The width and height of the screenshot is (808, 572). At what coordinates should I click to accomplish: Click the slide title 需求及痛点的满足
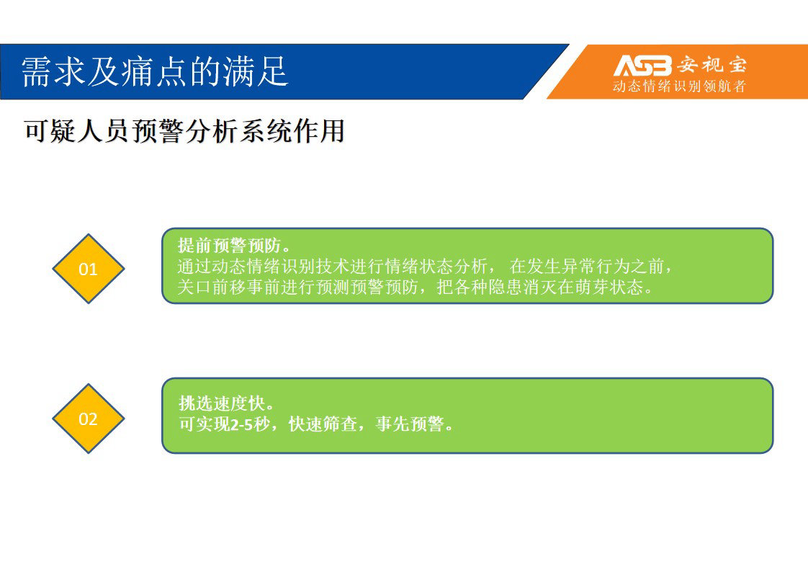(x=155, y=71)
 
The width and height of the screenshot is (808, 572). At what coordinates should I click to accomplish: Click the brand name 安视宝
(x=712, y=65)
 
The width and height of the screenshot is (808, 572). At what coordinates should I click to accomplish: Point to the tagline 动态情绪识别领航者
(x=679, y=86)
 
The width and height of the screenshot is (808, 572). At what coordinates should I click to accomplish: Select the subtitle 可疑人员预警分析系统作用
(x=184, y=130)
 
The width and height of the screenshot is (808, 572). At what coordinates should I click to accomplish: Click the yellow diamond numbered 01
(x=88, y=269)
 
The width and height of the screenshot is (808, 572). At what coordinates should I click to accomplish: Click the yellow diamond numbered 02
(x=88, y=419)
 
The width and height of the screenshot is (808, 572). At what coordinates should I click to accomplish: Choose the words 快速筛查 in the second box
(x=323, y=424)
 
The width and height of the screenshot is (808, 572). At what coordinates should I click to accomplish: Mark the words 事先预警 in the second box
(x=410, y=424)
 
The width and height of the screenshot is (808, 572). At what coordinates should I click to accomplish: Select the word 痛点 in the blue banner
(x=155, y=71)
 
